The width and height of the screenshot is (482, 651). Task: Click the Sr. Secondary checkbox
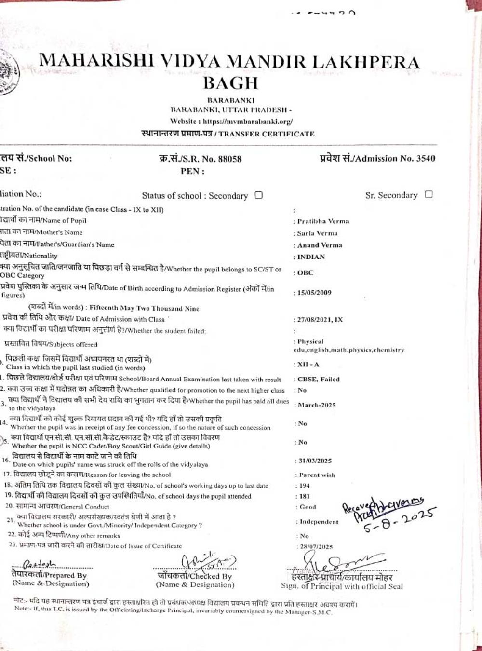tap(428, 194)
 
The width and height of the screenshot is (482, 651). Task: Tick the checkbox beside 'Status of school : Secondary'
tap(259, 195)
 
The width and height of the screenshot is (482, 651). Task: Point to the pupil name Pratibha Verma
tap(323, 221)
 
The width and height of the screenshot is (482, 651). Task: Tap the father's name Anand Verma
tap(320, 245)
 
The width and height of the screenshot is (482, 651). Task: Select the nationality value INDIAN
tap(311, 257)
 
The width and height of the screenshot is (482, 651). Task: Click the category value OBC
tap(305, 273)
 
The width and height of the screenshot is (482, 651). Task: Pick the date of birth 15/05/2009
tap(314, 293)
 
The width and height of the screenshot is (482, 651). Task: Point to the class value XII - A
tap(308, 365)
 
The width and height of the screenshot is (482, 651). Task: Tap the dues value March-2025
tap(316, 405)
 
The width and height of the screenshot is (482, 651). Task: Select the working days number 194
tap(304, 486)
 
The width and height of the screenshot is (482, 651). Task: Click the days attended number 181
tap(304, 496)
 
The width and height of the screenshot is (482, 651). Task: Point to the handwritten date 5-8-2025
tap(400, 522)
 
